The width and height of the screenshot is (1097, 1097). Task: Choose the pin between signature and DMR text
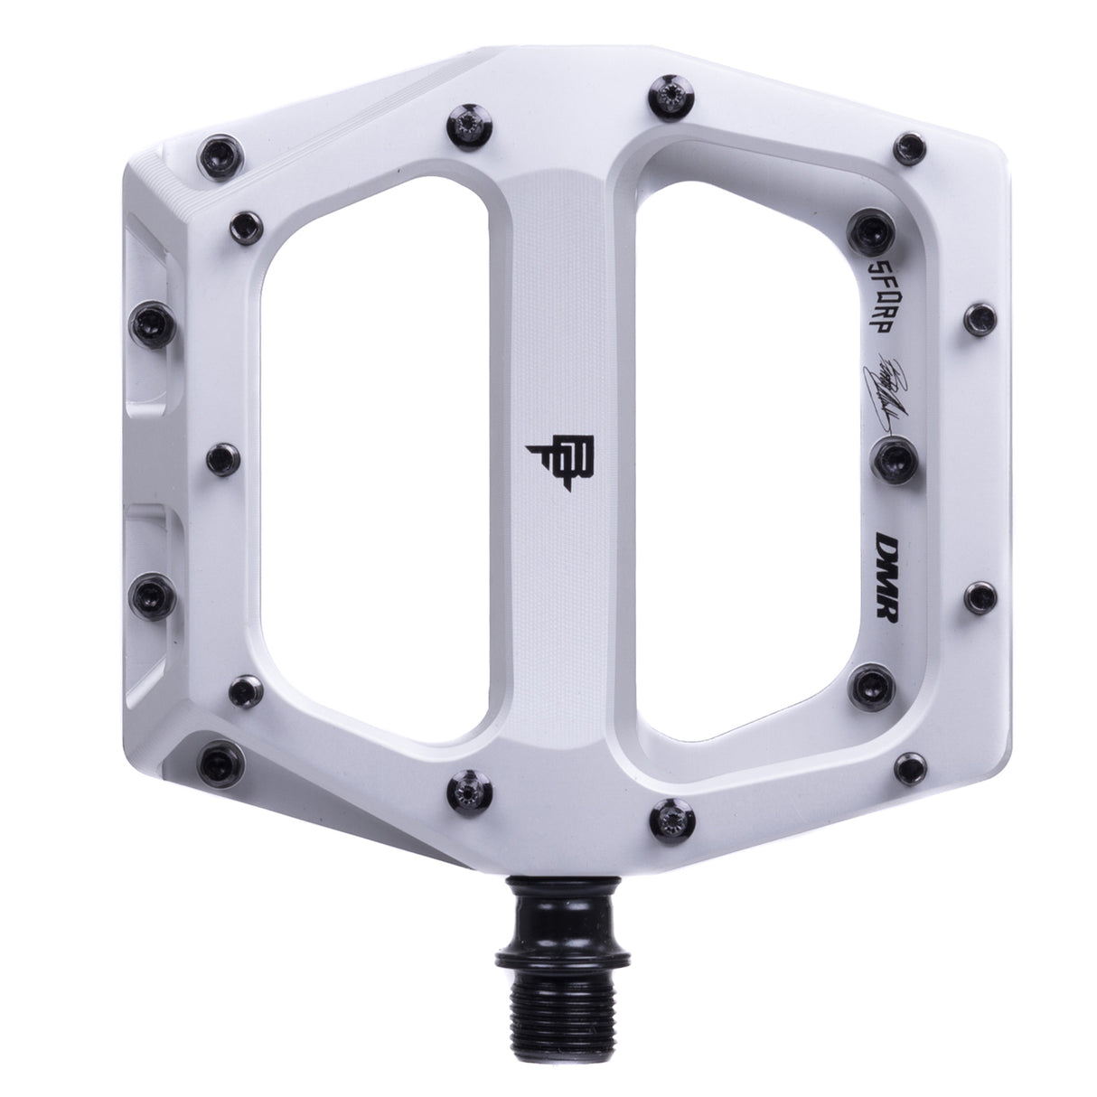(x=887, y=455)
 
